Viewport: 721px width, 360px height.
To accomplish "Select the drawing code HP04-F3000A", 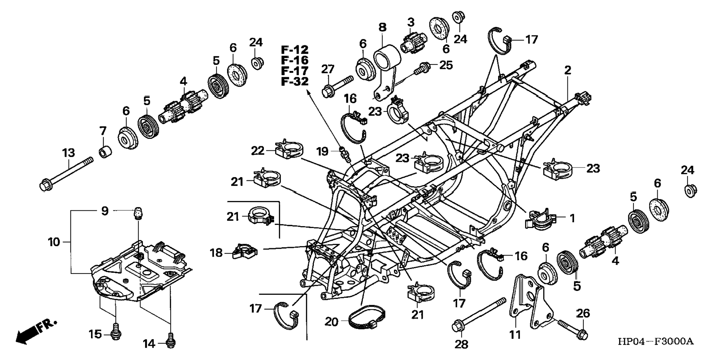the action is tap(656, 341).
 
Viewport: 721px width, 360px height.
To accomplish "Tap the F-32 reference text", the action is tap(295, 81).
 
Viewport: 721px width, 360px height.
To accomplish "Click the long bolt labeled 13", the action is tap(66, 173).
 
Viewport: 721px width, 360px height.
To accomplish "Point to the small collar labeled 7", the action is tap(105, 152).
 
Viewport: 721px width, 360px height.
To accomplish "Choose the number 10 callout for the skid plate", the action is tap(54, 242).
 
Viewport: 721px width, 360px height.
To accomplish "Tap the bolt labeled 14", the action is tap(171, 340).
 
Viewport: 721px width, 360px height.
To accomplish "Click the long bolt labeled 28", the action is tap(479, 314).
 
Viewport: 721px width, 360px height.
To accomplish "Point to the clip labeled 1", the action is tap(540, 220).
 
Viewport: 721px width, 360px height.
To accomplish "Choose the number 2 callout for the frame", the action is tap(567, 70).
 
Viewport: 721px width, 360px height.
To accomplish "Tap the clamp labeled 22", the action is tap(289, 148).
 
